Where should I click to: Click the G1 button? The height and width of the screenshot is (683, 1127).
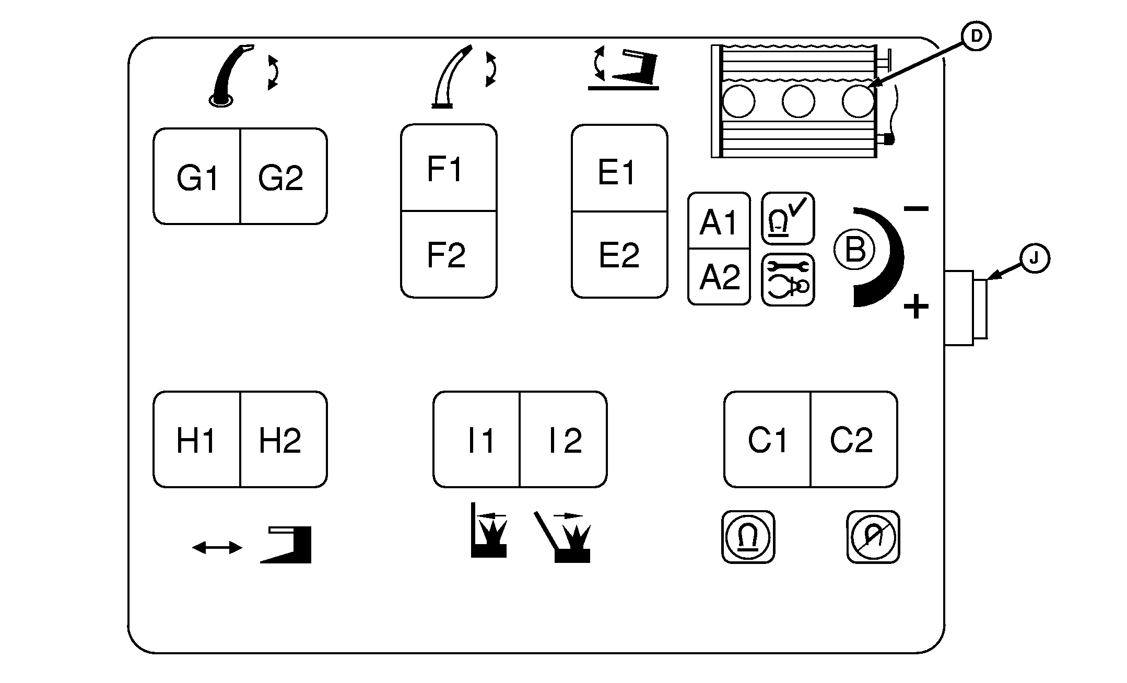pos(197,176)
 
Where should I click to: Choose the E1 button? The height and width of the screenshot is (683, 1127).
pos(619,168)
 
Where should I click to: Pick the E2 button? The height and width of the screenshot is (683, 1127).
pos(619,255)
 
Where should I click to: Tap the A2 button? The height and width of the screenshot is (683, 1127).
pos(719,277)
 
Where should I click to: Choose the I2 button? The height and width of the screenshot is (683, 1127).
pos(563,440)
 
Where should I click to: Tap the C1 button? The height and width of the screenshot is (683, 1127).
pos(767,440)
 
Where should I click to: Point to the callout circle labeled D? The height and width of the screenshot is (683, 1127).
pos(976,36)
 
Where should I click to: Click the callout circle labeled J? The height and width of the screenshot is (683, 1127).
pos(1035,258)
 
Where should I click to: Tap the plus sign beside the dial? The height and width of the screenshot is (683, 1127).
pos(916,307)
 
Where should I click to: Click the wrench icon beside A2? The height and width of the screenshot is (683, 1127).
pos(788,280)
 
